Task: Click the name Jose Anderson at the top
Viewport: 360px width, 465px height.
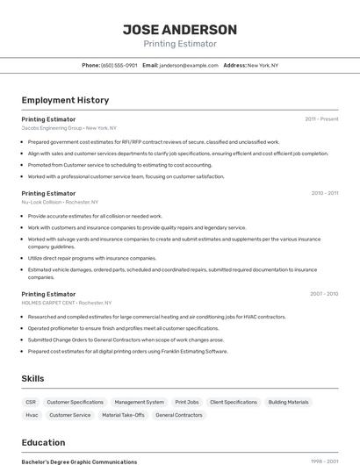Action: (180, 29)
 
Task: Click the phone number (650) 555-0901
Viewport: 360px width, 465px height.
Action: (119, 65)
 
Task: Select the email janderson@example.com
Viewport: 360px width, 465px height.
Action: (189, 65)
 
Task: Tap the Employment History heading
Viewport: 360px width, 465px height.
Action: (65, 100)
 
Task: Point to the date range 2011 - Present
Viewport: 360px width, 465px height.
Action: (321, 118)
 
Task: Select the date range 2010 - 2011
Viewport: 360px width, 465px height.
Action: (324, 193)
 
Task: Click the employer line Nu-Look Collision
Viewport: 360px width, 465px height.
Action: (57, 202)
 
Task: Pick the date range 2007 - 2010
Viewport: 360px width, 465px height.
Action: (324, 294)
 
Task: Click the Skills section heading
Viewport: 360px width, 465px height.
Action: (32, 378)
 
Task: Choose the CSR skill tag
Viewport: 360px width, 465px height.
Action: (31, 402)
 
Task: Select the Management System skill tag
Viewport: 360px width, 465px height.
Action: (139, 402)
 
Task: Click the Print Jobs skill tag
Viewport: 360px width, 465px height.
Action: (187, 402)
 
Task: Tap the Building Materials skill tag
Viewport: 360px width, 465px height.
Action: (288, 402)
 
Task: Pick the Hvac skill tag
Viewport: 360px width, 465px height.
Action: (32, 415)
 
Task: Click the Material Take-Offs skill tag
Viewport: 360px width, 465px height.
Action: (123, 415)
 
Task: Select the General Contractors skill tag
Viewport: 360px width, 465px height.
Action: (179, 415)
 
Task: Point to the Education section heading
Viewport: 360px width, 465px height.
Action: (43, 442)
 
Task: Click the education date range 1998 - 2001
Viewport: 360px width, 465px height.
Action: (324, 461)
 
